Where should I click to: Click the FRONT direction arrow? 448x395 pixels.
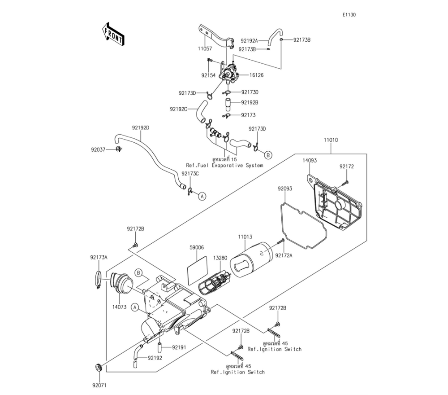[112, 33]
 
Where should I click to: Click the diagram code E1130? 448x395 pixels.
[349, 15]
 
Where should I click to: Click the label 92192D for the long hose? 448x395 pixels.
[140, 127]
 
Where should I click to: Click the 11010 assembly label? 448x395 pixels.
[331, 140]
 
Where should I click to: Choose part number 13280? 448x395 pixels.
[220, 258]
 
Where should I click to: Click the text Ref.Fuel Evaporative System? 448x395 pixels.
[224, 165]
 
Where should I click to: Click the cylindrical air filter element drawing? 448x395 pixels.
[254, 261]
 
